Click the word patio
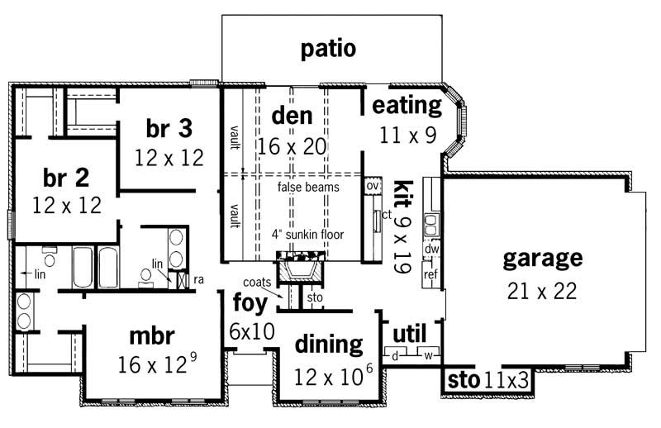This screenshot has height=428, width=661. click(x=328, y=49)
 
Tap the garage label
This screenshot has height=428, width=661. click(x=542, y=259)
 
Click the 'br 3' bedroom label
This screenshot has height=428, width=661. click(x=169, y=128)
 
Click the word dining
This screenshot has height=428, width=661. click(x=329, y=344)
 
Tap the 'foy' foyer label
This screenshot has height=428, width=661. click(x=250, y=303)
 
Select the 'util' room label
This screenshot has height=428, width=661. click(x=409, y=333)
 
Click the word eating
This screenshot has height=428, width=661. click(x=407, y=106)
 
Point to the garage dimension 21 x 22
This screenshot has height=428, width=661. click(x=542, y=291)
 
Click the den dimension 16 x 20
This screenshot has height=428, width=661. click(x=292, y=146)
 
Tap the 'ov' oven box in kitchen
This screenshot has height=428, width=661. click(x=372, y=187)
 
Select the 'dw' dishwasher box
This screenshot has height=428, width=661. click(x=431, y=248)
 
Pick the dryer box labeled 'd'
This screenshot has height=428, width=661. click(x=396, y=356)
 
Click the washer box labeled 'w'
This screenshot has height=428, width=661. click(x=428, y=356)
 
